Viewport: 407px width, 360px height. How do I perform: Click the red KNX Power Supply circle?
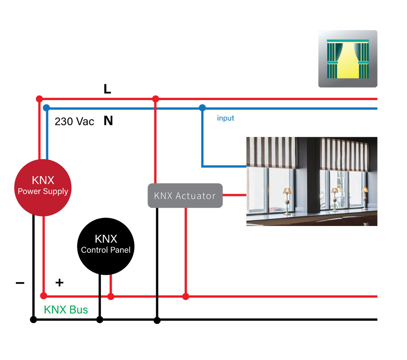43,188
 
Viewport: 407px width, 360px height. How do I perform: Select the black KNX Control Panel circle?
106,246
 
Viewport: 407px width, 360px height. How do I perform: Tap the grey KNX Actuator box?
185,195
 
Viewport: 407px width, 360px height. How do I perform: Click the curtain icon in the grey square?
348,59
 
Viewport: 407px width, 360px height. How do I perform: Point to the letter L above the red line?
107,89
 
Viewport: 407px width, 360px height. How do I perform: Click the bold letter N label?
108,121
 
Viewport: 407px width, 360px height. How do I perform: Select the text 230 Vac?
74,121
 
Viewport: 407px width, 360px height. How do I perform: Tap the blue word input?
226,118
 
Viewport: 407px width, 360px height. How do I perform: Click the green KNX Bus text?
66,310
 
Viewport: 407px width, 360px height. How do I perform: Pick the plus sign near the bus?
59,282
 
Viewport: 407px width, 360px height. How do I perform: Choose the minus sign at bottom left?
20,283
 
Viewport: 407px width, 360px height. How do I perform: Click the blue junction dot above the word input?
202,108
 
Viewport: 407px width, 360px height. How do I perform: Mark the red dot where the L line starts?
39,99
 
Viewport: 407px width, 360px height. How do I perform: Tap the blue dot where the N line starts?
46,108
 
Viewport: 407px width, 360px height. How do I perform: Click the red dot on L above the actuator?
155,99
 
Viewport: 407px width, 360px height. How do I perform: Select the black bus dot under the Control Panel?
100,320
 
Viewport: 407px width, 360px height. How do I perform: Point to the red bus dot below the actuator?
186,297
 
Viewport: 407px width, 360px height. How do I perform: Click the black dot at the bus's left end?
33,320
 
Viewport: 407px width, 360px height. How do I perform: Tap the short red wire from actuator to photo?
234,195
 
